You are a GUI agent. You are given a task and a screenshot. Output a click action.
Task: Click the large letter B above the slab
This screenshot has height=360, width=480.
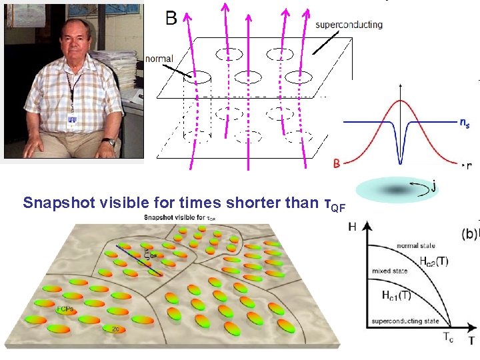pos(171,17)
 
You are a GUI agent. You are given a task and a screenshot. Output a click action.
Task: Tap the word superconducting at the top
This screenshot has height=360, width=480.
pos(349,25)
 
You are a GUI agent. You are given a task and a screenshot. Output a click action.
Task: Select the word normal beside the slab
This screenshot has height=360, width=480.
pos(158,59)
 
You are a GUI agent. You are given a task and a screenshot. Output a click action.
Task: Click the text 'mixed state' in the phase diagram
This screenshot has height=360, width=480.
pos(390,271)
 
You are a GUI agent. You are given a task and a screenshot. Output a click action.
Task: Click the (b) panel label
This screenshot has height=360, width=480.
pos(469,235)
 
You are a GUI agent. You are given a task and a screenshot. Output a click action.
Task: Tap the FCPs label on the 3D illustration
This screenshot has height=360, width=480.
pos(65,310)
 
